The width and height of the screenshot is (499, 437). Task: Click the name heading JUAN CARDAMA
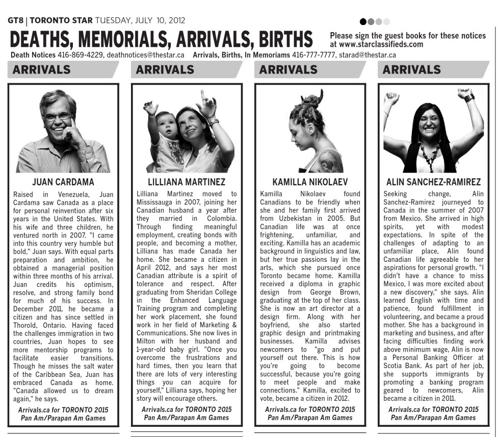click(63, 182)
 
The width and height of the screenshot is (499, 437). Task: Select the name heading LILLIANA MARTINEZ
click(187, 182)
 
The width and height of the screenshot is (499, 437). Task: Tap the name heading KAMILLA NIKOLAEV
click(310, 182)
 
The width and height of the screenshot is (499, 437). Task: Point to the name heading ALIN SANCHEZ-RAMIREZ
click(433, 182)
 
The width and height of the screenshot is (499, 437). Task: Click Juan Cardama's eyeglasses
click(58, 117)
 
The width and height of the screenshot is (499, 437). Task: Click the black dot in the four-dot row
click(363, 22)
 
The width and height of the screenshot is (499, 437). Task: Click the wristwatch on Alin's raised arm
click(469, 98)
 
